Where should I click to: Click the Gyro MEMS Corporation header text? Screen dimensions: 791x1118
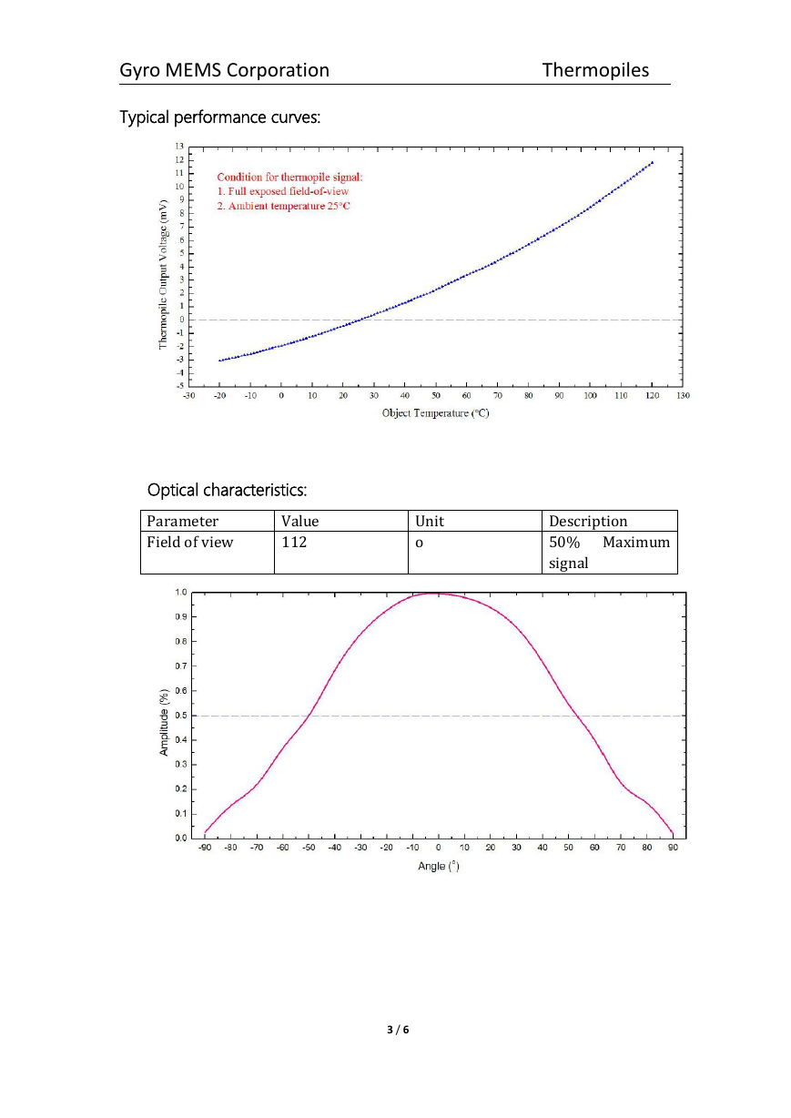224,71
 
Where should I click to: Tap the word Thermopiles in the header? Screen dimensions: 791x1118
595,70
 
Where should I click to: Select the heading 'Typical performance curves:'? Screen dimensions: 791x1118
219,117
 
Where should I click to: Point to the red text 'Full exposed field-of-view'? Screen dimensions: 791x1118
288,192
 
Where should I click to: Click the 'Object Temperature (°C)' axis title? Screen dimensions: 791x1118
435,413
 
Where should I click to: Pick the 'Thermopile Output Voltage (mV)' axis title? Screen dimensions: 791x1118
163,275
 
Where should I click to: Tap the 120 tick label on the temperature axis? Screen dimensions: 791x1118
652,396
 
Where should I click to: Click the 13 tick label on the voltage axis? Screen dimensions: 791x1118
179,147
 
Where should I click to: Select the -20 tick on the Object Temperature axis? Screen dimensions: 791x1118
219,396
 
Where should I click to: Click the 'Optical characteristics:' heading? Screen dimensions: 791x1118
227,490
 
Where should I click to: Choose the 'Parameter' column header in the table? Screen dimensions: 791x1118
182,521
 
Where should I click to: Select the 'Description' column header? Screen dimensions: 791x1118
588,521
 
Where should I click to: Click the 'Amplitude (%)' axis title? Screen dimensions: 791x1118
164,722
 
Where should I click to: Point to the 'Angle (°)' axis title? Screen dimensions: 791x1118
438,866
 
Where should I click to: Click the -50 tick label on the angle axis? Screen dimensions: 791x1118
309,848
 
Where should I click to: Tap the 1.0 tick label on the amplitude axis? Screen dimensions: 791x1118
180,593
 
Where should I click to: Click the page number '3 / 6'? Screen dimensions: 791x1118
398,1030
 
